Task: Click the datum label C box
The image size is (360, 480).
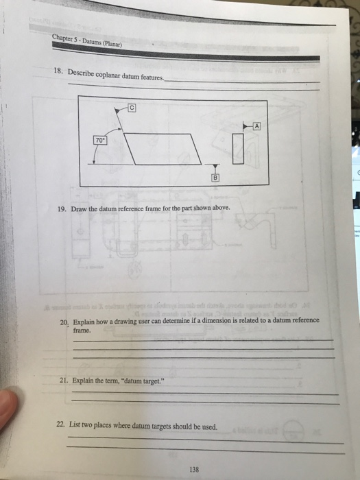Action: pos(133,107)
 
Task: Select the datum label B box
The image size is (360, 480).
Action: pos(215,176)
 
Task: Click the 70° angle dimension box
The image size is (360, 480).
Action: pos(100,141)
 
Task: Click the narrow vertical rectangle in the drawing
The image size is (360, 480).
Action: pos(238,147)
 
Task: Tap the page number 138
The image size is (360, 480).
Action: pos(195,469)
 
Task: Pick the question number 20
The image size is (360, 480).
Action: pos(64,321)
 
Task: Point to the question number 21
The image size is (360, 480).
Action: pos(63,379)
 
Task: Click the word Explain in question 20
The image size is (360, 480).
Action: pos(85,321)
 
